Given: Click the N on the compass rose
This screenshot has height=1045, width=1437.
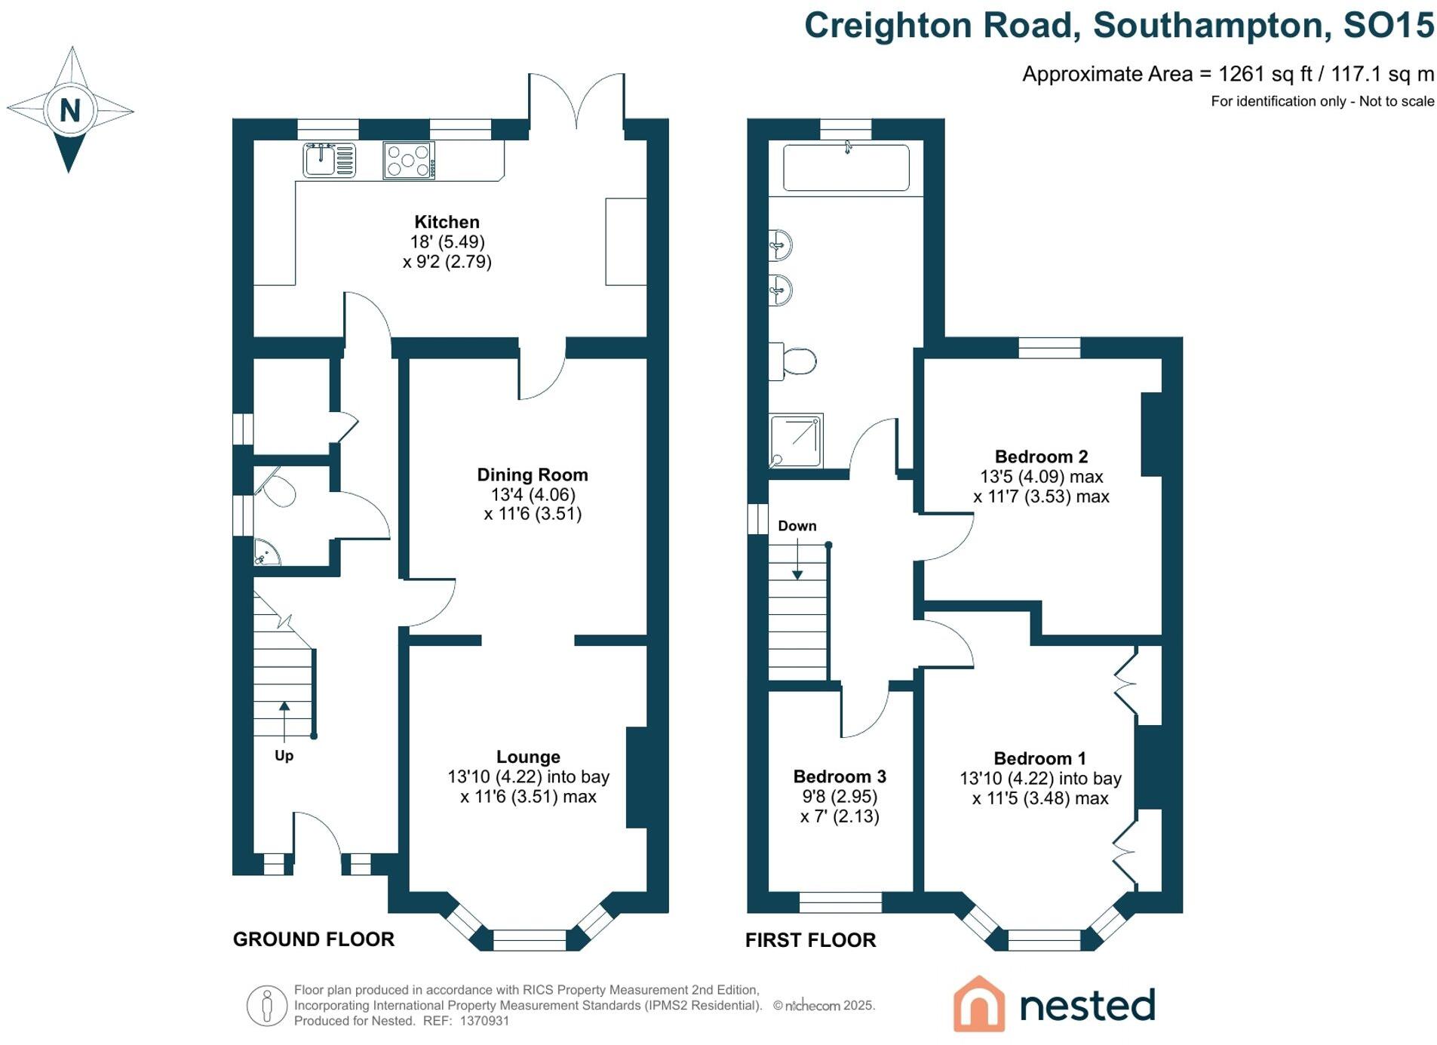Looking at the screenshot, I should click(70, 110).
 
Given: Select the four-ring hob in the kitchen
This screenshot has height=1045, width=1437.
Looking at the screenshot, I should click(408, 161).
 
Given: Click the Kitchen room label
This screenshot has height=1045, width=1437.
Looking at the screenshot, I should click(447, 222).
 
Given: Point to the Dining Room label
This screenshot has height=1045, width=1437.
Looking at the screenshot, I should click(532, 475).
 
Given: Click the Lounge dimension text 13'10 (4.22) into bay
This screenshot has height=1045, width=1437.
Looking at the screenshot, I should click(528, 776).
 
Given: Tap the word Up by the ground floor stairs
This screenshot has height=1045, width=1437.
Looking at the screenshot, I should click(284, 755).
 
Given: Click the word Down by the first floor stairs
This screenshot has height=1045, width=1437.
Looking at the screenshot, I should click(797, 526).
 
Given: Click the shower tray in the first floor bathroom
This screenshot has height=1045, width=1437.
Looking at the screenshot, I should click(795, 441).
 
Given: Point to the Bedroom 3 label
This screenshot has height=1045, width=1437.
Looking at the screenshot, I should click(839, 776).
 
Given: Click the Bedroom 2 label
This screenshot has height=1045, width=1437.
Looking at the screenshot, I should click(1040, 456).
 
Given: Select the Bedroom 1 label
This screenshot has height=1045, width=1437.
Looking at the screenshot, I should click(1039, 758).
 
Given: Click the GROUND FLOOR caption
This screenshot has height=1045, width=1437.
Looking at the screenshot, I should click(313, 939).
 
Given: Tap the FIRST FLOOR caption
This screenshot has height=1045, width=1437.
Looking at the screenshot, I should click(810, 940).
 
